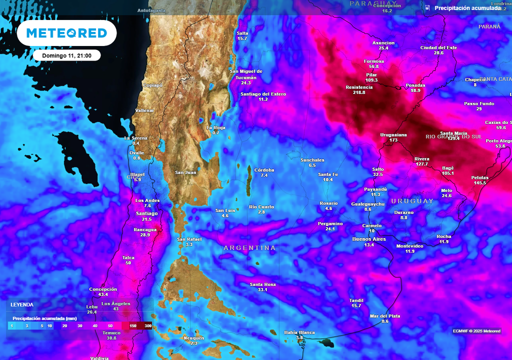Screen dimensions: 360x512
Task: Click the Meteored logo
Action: click(66, 33)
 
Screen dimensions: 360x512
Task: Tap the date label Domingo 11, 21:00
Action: click(66, 55)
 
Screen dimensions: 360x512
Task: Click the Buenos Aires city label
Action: click(369, 239)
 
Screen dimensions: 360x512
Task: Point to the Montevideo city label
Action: click(409, 246)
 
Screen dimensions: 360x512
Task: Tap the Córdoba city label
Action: click(264, 170)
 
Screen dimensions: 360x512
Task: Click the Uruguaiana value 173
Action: click(393, 140)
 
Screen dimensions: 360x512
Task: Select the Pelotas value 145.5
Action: click(479, 183)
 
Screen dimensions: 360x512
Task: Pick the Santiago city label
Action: click(147, 213)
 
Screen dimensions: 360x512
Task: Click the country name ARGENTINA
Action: click(249, 248)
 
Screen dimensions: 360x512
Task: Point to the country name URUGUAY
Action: click(412, 201)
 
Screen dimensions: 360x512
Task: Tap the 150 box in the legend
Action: click(133, 325)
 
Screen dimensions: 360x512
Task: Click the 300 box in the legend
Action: click(147, 325)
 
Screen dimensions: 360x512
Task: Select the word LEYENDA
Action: click(22, 304)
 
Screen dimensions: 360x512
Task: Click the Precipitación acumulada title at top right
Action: click(467, 8)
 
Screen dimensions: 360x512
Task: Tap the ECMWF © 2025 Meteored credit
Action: click(476, 331)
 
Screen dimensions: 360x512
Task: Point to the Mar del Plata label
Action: click(384, 316)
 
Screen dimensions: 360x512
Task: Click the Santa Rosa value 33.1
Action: click(262, 289)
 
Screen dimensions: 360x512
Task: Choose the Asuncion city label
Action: click(383, 43)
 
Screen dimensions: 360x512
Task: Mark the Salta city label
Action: click(242, 33)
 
